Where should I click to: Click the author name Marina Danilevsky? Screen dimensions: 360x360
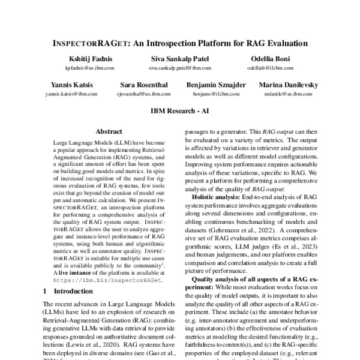tap(289, 86)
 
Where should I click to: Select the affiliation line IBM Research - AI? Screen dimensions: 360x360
tap(179, 112)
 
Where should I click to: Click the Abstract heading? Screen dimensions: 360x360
tap(109, 131)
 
